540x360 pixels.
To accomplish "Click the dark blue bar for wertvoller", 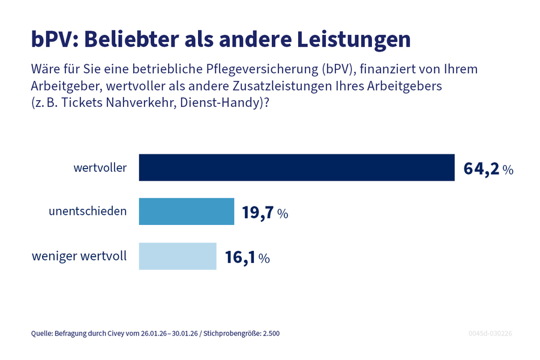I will [x=296, y=167].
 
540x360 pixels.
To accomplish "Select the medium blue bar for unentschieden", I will [x=187, y=212].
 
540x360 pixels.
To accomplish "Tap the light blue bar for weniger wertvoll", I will [x=178, y=256].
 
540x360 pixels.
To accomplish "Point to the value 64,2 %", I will [x=488, y=169].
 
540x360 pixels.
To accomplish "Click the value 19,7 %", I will [x=265, y=212].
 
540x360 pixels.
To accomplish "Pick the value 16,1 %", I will [x=247, y=257].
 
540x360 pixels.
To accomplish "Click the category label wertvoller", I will [x=100, y=168].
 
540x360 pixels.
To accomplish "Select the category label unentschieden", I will [x=88, y=212].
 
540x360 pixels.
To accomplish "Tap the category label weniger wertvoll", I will [x=79, y=257].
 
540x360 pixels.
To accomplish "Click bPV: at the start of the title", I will [x=54, y=39].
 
